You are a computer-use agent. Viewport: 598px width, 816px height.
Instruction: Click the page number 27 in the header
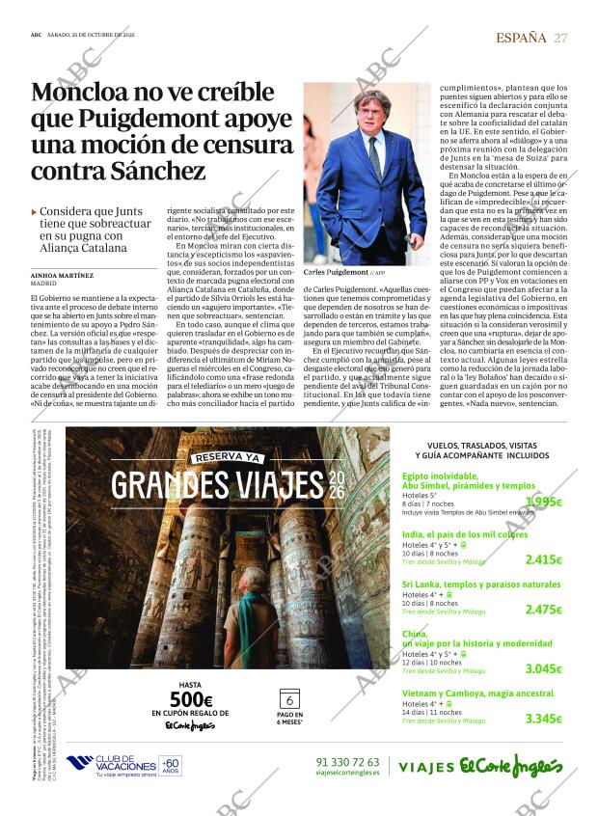pos(560,38)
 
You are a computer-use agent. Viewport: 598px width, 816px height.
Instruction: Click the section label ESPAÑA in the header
pos(521,38)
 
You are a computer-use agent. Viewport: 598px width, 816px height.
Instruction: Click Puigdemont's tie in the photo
pos(372,155)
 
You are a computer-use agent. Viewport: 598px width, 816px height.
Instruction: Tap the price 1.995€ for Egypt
pos(544,502)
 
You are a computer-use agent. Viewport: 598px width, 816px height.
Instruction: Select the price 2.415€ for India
pos(543,559)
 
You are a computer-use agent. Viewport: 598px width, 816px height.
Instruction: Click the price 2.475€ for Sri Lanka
pos(543,610)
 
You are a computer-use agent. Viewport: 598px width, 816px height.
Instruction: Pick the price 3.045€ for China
pos(543,668)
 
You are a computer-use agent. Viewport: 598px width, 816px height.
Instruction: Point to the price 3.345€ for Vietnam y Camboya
pos(543,719)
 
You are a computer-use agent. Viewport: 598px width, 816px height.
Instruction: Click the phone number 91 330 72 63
pos(347,761)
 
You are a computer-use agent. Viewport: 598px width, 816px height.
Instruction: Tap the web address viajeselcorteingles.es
pos(347,773)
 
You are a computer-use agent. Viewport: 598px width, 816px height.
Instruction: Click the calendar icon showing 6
pos(290,699)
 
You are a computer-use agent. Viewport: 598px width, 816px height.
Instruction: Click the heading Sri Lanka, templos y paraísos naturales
pos(480,585)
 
